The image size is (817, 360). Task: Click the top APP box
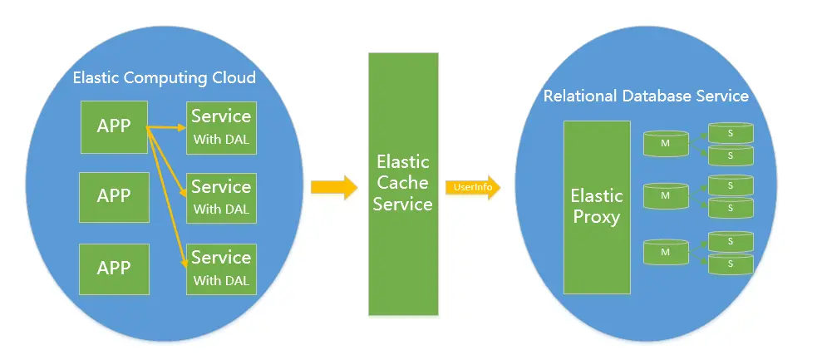(x=114, y=126)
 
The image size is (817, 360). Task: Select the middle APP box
(x=114, y=196)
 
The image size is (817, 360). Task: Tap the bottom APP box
(x=114, y=268)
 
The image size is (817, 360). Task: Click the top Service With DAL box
(x=220, y=127)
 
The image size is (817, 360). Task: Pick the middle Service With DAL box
(x=220, y=198)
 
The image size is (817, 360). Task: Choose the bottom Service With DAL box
(x=220, y=269)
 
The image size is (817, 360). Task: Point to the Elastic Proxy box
(x=596, y=207)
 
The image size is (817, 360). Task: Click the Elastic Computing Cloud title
(x=164, y=78)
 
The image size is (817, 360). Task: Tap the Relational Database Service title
(x=646, y=96)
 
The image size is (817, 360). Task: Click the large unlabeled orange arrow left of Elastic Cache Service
(x=333, y=186)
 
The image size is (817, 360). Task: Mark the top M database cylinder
(x=666, y=142)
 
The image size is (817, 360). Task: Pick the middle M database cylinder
(x=666, y=195)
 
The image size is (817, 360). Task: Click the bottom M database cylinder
(x=666, y=251)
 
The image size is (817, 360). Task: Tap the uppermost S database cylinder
(x=730, y=131)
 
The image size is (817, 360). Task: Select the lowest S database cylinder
(x=730, y=264)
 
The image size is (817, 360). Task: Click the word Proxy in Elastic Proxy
(x=596, y=218)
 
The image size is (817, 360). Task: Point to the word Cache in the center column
(x=403, y=182)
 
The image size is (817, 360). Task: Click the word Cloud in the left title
(x=234, y=78)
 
